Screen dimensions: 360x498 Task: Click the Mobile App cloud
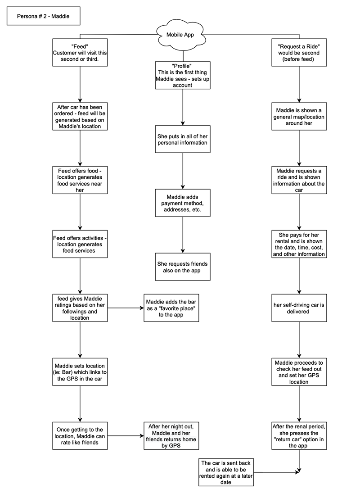(180, 34)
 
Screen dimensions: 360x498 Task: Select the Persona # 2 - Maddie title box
(44, 16)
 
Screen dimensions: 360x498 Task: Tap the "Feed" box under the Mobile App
(80, 52)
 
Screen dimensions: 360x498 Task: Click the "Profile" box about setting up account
(183, 75)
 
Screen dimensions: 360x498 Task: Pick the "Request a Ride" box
(299, 52)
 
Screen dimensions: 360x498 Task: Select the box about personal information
(183, 139)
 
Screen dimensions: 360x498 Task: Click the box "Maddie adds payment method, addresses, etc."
(183, 203)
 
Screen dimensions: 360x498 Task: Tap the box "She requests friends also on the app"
(183, 267)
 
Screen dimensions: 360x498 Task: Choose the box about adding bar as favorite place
(171, 308)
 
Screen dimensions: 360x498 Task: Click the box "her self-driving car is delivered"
(299, 308)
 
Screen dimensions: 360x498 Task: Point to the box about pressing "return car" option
(299, 436)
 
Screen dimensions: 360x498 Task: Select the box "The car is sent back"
(226, 472)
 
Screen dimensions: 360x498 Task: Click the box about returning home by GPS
(171, 436)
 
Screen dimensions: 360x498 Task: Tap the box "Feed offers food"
(80, 180)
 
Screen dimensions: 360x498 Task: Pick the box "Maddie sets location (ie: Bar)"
(80, 372)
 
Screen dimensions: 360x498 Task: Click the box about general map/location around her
(299, 116)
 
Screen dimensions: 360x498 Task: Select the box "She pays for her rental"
(299, 244)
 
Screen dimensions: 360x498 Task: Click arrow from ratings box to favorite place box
(126, 308)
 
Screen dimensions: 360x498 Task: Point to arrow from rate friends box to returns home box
(126, 436)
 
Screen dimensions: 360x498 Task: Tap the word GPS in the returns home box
(175, 446)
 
